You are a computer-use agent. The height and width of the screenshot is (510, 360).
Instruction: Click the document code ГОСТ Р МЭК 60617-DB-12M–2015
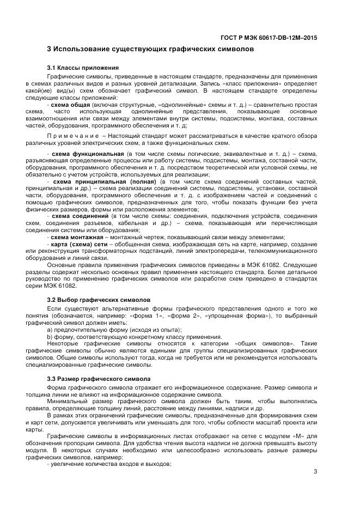click(x=276, y=38)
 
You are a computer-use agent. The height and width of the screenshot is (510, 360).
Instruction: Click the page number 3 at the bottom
click(x=315, y=472)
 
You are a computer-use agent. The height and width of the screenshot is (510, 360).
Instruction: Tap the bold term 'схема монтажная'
click(x=76, y=237)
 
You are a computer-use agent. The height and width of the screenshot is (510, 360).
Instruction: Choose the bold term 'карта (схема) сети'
click(x=77, y=245)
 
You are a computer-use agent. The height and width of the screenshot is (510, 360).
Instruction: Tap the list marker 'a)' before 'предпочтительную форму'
click(x=50, y=330)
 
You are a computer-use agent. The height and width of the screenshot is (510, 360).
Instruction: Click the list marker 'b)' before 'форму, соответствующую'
click(x=50, y=337)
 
